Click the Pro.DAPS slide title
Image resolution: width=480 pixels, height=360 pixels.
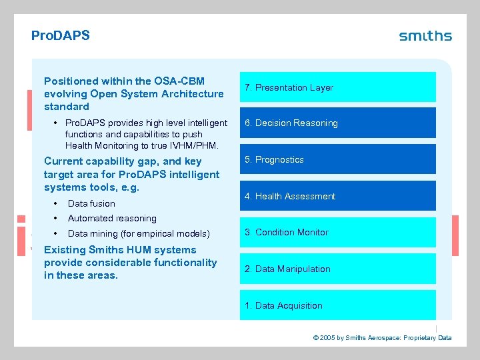(61, 35)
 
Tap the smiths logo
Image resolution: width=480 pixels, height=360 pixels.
(425, 36)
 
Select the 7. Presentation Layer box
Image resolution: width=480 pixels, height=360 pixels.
(337, 87)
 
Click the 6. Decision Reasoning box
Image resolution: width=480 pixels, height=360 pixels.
(337, 123)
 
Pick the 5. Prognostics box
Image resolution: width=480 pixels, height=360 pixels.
(337, 159)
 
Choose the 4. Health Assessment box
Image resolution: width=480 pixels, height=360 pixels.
(337, 196)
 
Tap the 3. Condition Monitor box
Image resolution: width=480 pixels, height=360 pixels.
(337, 232)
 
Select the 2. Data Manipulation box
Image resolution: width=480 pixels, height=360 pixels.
(337, 269)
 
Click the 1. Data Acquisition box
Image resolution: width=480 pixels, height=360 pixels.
(337, 305)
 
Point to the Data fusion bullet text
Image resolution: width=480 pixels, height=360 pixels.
(91, 203)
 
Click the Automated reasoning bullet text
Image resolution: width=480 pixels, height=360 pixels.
(112, 218)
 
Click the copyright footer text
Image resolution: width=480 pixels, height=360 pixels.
(382, 338)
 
